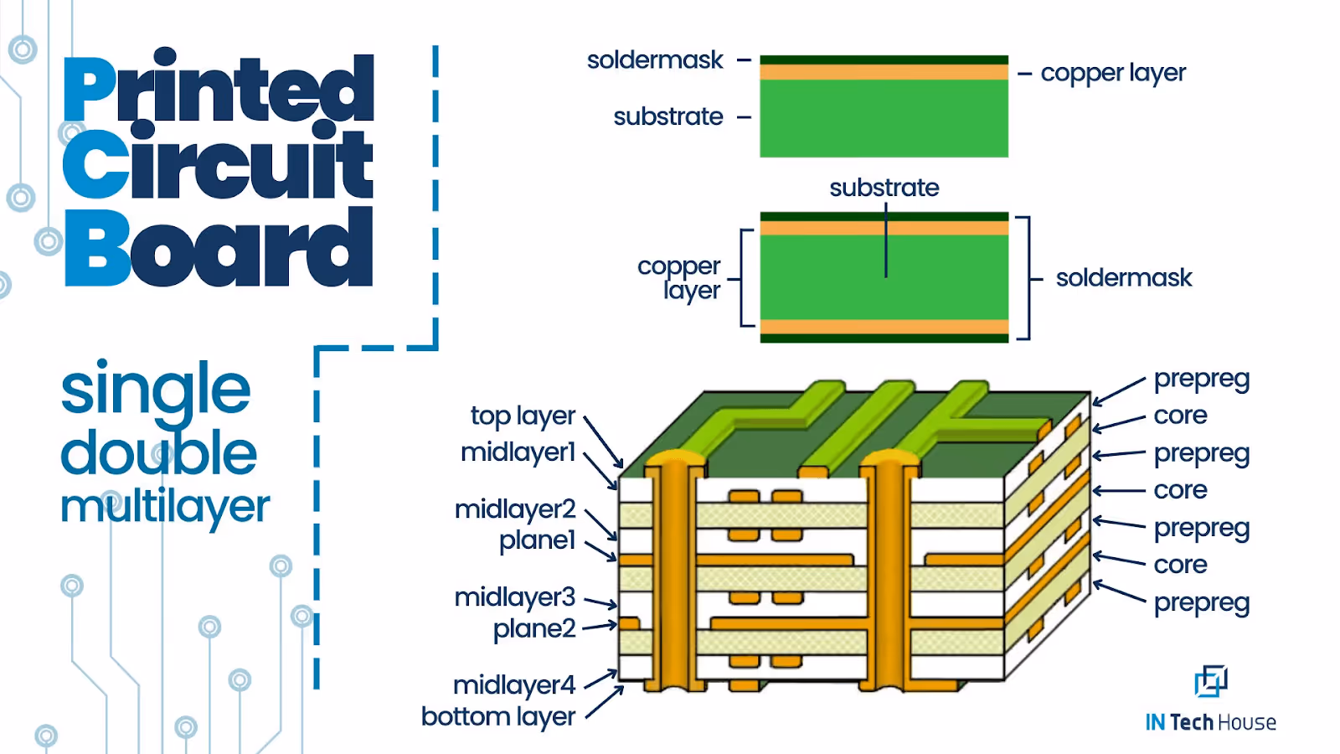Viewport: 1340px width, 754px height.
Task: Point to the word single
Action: pos(156,390)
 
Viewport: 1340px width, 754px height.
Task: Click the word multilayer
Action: pos(165,507)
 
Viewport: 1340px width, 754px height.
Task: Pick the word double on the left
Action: pos(159,453)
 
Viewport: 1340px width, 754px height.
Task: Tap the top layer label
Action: pos(523,416)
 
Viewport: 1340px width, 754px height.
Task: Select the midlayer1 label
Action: pos(518,452)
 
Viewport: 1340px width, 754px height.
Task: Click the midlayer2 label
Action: pos(515,509)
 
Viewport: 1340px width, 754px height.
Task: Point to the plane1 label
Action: pos(537,540)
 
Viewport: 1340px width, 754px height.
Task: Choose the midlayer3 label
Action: pos(515,597)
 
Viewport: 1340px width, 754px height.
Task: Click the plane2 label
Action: pos(534,628)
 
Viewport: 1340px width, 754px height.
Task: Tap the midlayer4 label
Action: pos(514,685)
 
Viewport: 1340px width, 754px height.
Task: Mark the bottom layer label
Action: pos(498,717)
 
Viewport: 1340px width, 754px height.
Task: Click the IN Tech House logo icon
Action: pos(1210,681)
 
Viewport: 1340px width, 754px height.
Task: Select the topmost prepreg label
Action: pos(1201,379)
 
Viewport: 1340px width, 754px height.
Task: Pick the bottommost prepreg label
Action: pos(1201,603)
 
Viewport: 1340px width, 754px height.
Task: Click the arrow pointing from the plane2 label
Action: pos(600,626)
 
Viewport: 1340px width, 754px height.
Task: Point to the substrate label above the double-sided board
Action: pos(884,188)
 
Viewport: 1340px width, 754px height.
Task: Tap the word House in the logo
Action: pos(1246,722)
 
